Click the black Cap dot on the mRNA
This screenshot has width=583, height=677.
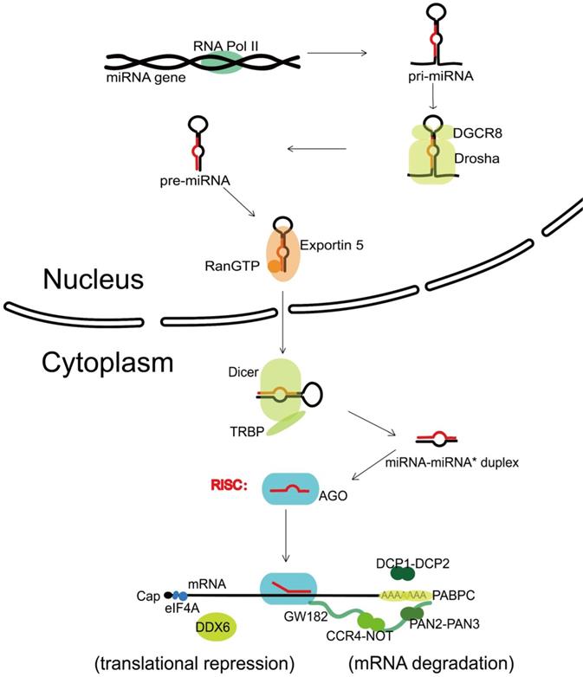click(x=167, y=596)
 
